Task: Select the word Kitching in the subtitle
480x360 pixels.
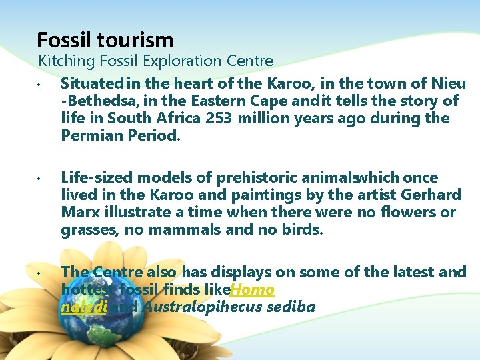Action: [63, 61]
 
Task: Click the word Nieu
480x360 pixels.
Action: [448, 84]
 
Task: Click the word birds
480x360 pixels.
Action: [301, 230]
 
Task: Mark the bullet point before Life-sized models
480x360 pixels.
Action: [40, 179]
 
